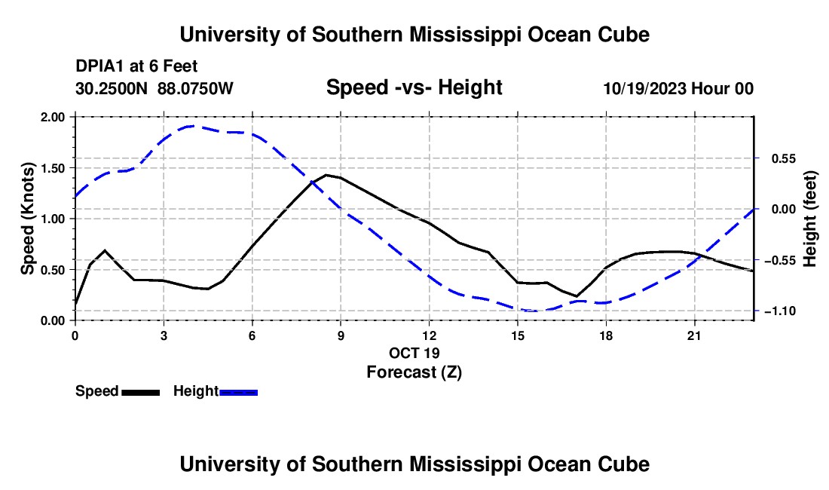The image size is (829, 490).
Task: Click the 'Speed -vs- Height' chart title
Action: [414, 87]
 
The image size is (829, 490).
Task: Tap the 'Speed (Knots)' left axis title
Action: [27, 219]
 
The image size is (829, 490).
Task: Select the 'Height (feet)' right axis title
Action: [809, 219]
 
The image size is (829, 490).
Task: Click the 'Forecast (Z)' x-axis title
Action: [414, 372]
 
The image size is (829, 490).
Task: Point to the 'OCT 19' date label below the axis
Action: [414, 353]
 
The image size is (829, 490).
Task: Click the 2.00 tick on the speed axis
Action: [52, 117]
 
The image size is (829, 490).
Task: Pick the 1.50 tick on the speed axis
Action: [52, 168]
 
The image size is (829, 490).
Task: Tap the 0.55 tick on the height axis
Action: [784, 158]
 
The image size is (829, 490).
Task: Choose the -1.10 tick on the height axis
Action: [780, 311]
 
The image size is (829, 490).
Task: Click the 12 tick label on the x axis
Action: [430, 335]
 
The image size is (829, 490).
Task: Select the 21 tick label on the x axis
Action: [693, 335]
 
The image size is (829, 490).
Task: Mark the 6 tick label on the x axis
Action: [252, 335]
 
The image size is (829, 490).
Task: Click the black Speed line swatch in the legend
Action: [141, 392]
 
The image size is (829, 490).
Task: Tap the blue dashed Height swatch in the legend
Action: [238, 392]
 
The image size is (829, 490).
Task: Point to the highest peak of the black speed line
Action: [326, 174]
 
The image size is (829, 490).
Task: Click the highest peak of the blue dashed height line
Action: [193, 126]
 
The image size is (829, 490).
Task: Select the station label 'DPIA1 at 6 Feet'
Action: [136, 66]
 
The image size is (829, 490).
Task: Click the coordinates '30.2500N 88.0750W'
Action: [154, 88]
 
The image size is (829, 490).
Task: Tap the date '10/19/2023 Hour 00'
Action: [678, 88]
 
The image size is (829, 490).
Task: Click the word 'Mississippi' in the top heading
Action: [465, 35]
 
